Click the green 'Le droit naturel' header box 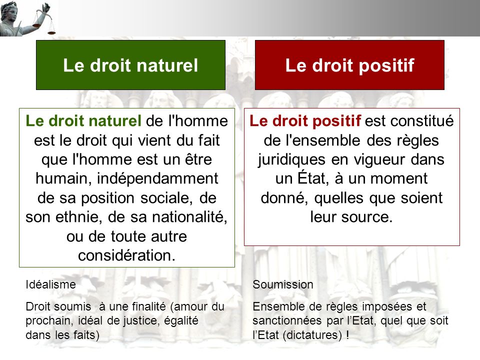130,65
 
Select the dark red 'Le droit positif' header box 350,65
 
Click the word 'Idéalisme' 50,284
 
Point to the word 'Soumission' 283,284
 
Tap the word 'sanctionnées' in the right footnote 282,320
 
